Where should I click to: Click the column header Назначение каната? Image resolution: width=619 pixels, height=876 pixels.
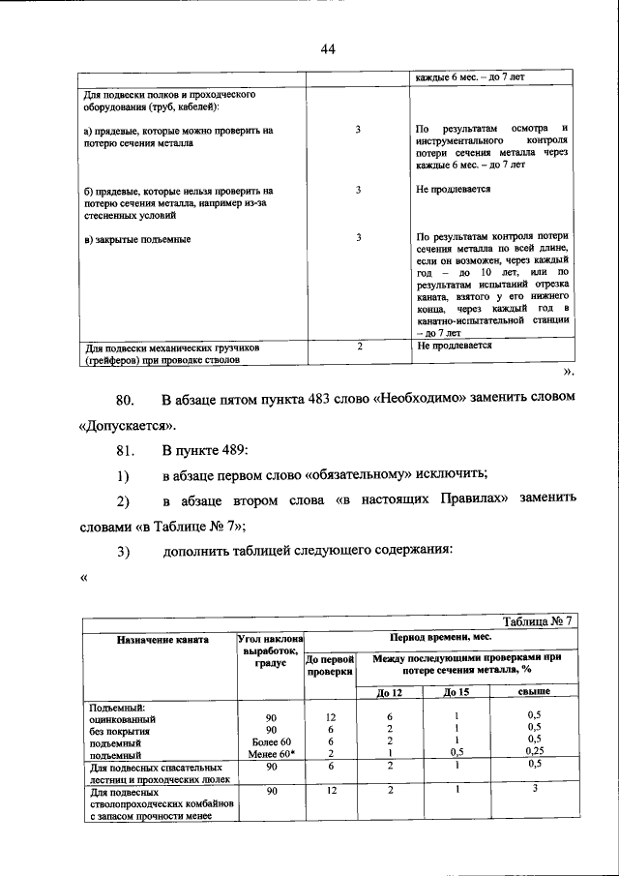[158, 640]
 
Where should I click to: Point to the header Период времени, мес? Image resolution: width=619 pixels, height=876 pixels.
[441, 639]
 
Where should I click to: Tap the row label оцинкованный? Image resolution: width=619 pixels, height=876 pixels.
[121, 718]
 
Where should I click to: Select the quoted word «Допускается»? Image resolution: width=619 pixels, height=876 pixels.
[123, 425]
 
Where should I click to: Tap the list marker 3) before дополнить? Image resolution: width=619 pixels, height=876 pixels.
[123, 550]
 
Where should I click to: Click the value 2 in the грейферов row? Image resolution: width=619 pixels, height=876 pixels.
[359, 346]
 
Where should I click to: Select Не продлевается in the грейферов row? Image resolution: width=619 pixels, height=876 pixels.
[454, 346]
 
